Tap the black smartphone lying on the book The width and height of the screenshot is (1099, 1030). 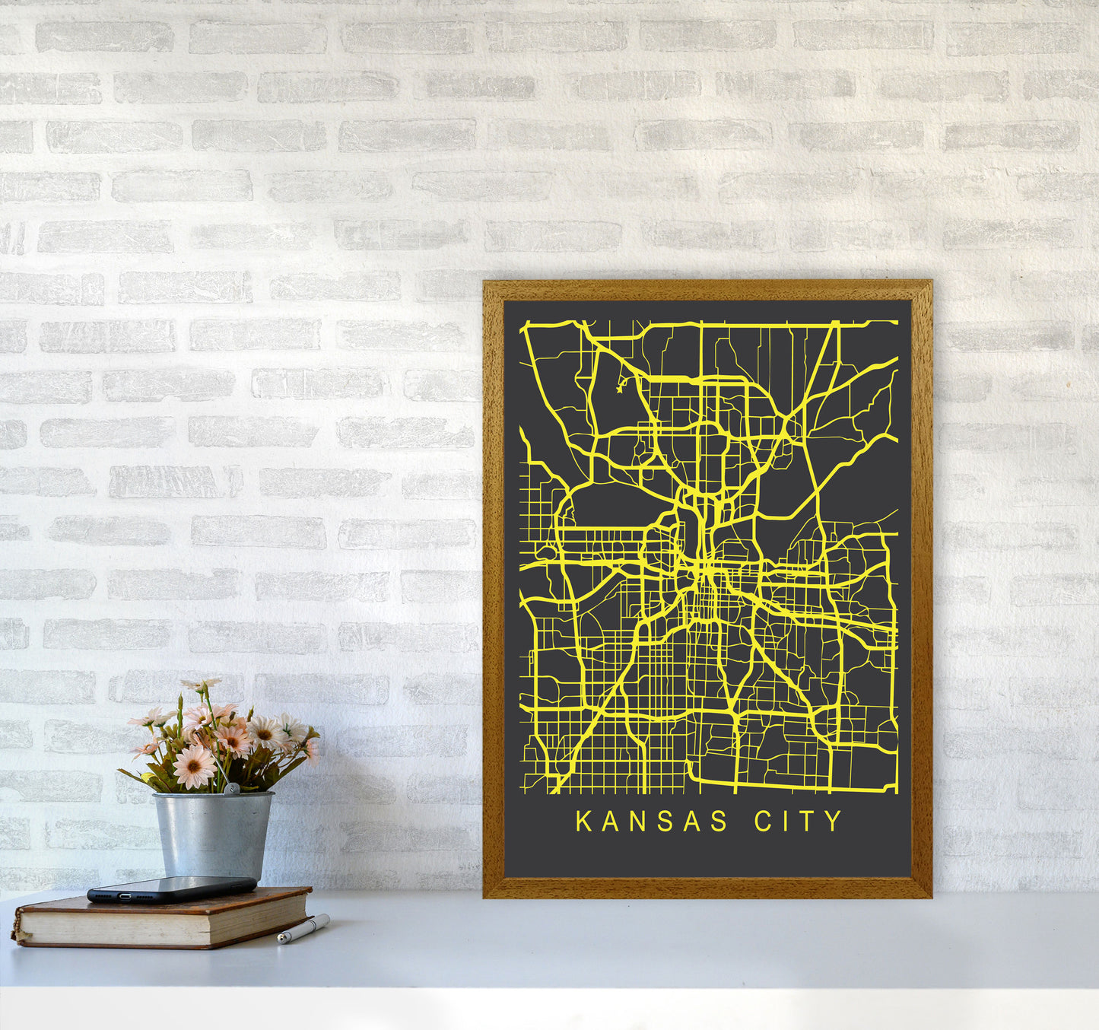(x=172, y=889)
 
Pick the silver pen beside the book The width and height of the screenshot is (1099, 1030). (x=304, y=929)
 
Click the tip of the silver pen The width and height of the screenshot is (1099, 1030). (x=281, y=941)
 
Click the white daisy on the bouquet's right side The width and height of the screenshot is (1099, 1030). (x=266, y=733)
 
